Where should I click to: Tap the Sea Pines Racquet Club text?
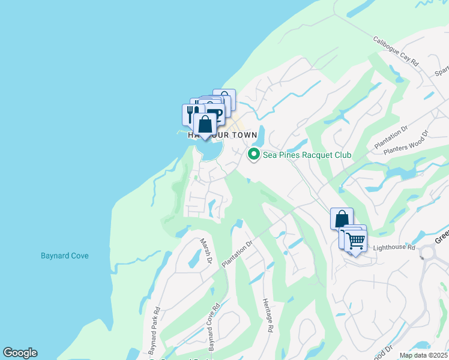click(x=307, y=155)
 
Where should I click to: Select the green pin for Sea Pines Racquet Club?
click(x=254, y=155)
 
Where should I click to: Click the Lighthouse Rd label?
click(x=394, y=247)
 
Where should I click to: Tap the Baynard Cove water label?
click(x=65, y=256)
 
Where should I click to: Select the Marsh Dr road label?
click(x=206, y=250)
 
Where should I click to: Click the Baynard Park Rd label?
click(x=155, y=329)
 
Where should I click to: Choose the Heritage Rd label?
click(x=268, y=314)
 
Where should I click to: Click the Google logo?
click(x=20, y=353)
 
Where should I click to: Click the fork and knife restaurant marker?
click(x=191, y=112)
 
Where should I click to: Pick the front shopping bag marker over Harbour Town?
click(x=205, y=125)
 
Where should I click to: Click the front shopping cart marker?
click(x=355, y=241)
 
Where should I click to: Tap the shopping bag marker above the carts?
click(x=342, y=218)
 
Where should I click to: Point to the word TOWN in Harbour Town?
click(x=242, y=136)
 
